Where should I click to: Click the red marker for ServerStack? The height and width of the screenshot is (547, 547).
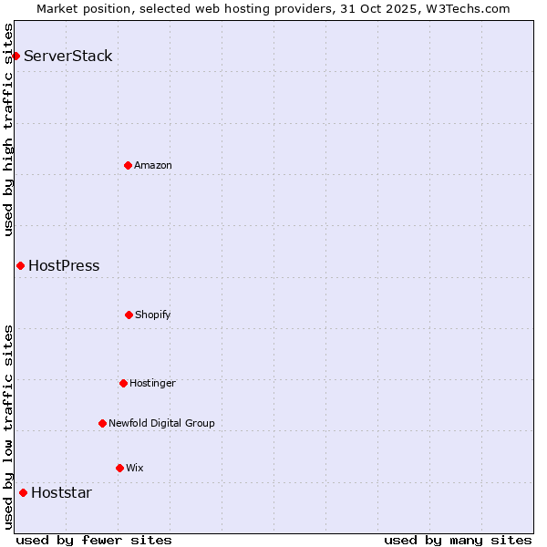point(15,57)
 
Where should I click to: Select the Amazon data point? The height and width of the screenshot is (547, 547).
point(128,165)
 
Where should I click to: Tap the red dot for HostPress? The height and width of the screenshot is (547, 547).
point(20,265)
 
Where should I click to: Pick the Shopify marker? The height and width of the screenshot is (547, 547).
point(129,315)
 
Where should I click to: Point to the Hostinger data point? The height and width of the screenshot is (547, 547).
point(123,383)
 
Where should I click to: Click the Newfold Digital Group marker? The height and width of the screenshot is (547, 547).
point(102,423)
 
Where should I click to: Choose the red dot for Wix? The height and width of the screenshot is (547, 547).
point(119,468)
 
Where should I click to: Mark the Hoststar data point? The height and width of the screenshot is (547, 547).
point(23,492)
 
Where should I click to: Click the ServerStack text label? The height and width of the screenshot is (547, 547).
point(68,57)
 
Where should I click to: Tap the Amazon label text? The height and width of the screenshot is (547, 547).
point(153,165)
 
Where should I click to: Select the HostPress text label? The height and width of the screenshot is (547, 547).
point(64,266)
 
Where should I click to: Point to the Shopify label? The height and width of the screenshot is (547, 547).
point(153,315)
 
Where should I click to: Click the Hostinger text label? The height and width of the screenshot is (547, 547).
point(152,383)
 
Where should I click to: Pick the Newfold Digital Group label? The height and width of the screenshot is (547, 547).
point(161,423)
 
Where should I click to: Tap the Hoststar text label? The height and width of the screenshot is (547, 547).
point(61,493)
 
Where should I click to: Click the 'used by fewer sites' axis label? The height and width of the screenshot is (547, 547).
point(94,540)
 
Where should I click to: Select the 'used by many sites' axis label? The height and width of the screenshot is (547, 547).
point(458,540)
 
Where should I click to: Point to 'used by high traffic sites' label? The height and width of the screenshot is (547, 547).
point(8,129)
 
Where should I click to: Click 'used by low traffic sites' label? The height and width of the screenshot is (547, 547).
point(8,427)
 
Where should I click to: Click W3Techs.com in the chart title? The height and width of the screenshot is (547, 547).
point(466,8)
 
